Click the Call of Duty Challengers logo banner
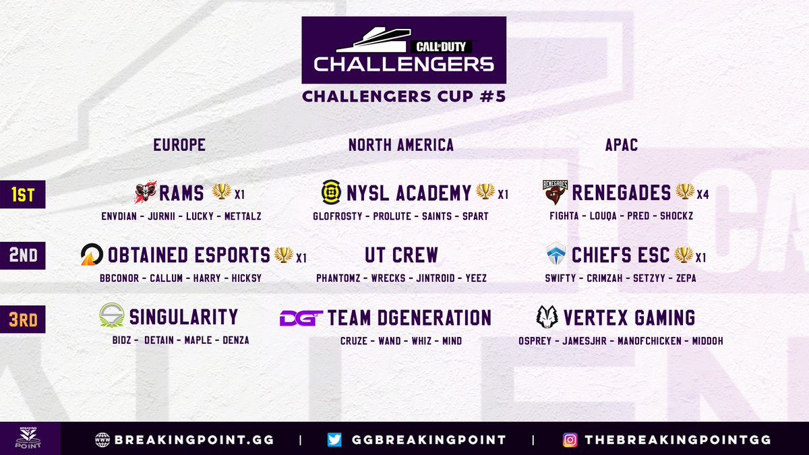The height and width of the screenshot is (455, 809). [x=403, y=51]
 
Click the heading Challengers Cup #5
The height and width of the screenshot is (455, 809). [x=403, y=96]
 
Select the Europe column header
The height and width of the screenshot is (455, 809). [x=179, y=145]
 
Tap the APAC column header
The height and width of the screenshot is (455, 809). [x=622, y=145]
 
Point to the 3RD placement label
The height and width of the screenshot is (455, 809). [x=22, y=320]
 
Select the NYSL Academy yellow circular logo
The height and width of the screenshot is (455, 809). [x=331, y=193]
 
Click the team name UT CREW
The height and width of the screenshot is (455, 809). [x=402, y=255]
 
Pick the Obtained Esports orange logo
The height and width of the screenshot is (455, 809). [x=92, y=255]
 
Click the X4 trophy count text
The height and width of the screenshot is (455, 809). [x=703, y=195]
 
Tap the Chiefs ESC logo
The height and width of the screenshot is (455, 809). [x=556, y=255]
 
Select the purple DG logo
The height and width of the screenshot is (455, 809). [x=301, y=317]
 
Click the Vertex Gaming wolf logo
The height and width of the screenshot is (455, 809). [x=547, y=317]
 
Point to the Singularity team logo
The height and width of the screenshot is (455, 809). [x=111, y=316]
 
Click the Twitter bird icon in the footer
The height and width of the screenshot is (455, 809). [x=334, y=439]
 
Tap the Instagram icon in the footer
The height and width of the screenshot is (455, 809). [x=570, y=439]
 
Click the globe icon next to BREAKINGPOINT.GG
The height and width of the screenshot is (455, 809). [x=102, y=439]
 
